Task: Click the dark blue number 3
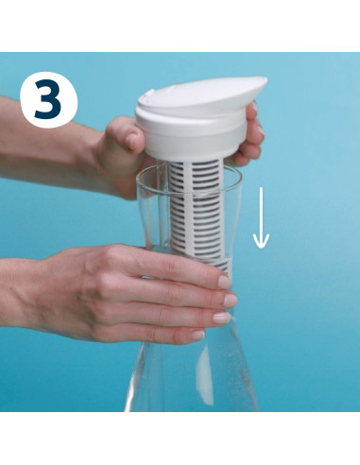pyautogui.click(x=48, y=99)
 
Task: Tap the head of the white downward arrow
pyautogui.click(x=261, y=241)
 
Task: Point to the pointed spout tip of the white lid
pyautogui.click(x=264, y=81)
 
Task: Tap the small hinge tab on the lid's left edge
pyautogui.click(x=146, y=95)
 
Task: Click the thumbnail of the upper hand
pyautogui.click(x=131, y=141)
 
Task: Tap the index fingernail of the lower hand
pyautogui.click(x=225, y=282)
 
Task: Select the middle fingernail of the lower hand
pyautogui.click(x=231, y=301)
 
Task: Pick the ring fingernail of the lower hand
pyautogui.click(x=222, y=318)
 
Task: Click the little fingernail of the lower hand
pyautogui.click(x=197, y=335)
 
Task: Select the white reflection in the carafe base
pyautogui.click(x=204, y=376)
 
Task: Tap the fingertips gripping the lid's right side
pyautogui.click(x=251, y=134)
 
